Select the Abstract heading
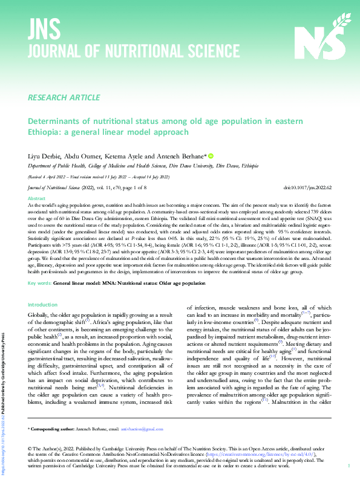tap(37, 198)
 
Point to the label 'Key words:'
tap(40, 283)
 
